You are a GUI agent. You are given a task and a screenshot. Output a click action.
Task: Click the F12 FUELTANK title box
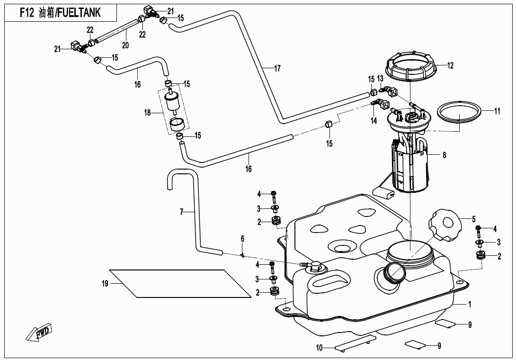pyautogui.click(x=60, y=13)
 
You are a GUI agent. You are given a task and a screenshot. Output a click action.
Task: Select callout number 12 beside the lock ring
pyautogui.click(x=450, y=66)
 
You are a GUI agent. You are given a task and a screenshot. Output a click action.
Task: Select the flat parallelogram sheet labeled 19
pyautogui.click(x=180, y=284)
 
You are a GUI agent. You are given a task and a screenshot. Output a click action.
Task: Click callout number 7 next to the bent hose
pyautogui.click(x=181, y=212)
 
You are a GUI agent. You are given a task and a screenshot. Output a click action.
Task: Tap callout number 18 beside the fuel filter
pyautogui.click(x=147, y=113)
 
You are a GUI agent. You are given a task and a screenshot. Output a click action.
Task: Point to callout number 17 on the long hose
pyautogui.click(x=277, y=69)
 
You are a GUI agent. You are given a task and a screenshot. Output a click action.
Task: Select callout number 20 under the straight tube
pyautogui.click(x=125, y=45)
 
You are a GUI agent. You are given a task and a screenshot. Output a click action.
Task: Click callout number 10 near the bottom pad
pyautogui.click(x=320, y=348)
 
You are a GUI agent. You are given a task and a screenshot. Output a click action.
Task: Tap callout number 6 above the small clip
pyautogui.click(x=242, y=238)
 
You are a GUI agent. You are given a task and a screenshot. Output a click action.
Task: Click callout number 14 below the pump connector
pyautogui.click(x=374, y=121)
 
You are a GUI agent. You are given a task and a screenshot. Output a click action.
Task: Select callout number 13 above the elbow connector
pyautogui.click(x=380, y=79)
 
